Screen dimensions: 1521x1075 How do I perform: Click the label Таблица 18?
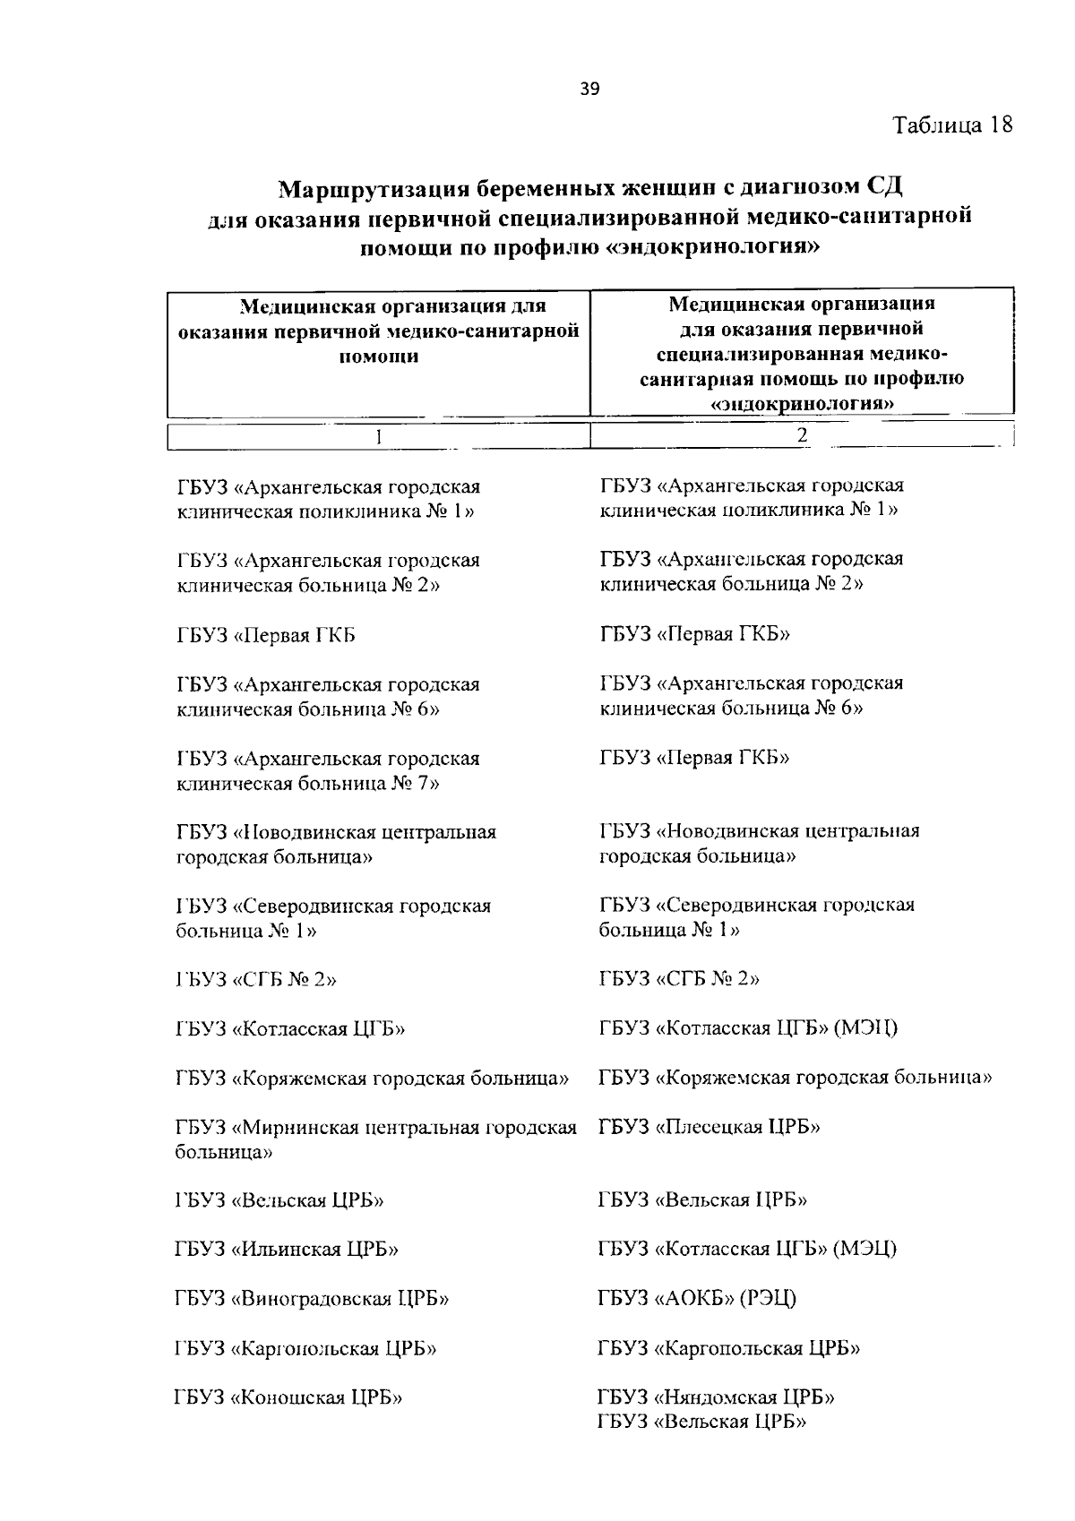[952, 125]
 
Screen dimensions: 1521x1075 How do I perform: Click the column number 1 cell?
[378, 437]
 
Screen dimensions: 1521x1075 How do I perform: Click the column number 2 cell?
[802, 435]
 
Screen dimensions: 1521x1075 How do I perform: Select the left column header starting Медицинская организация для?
[378, 331]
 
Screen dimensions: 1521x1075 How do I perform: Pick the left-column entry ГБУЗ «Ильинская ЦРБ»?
[287, 1249]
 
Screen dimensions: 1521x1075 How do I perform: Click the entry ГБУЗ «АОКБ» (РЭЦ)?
[697, 1298]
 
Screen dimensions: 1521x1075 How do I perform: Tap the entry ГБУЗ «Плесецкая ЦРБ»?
[709, 1127]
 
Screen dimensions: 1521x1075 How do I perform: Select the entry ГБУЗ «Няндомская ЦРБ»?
[717, 1396]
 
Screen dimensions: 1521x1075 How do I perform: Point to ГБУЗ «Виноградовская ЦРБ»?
[312, 1298]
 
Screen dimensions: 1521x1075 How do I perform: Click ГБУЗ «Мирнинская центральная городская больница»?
[375, 1139]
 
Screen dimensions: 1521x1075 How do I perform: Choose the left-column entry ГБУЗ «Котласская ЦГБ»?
[290, 1028]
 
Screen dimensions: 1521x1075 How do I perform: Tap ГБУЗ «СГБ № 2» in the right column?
[679, 979]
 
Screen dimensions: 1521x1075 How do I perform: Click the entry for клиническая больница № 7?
[328, 771]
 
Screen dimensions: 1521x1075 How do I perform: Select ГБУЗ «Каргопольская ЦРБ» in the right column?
[728, 1348]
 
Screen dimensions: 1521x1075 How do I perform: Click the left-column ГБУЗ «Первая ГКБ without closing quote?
[266, 635]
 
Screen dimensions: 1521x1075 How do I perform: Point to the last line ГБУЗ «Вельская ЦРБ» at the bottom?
[702, 1422]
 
